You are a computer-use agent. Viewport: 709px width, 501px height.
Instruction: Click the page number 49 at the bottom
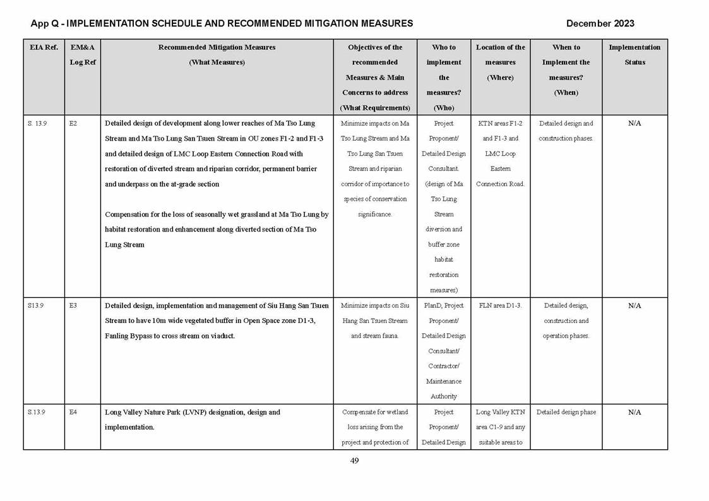coord(354,461)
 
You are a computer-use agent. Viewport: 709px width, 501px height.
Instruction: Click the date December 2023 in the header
coord(600,23)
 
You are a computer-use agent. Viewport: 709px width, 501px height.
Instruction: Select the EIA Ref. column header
coord(44,47)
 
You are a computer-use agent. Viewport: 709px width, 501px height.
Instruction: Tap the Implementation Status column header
coord(635,55)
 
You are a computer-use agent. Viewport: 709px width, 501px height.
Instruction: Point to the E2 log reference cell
coord(73,124)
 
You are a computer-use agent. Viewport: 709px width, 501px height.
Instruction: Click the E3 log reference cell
coord(73,306)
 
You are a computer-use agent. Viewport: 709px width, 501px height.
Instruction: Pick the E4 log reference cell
coord(73,413)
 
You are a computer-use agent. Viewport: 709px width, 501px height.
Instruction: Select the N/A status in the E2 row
coord(635,124)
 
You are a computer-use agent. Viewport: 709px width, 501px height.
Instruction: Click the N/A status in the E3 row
coord(635,306)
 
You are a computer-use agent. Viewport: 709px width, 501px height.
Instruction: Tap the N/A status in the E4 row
coord(635,413)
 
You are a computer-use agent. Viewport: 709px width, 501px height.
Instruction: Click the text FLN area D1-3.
coord(500,306)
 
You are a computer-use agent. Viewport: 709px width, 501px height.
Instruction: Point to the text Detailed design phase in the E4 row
coord(566,413)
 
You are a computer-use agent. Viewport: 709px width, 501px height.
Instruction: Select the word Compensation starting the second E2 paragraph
coord(127,215)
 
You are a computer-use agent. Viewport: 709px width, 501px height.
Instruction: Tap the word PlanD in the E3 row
coord(434,306)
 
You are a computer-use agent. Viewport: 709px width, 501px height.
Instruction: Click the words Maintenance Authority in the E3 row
coord(444,389)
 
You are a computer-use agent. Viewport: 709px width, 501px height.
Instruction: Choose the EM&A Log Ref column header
coord(82,55)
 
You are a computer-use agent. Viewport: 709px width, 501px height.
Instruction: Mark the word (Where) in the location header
coord(500,78)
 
